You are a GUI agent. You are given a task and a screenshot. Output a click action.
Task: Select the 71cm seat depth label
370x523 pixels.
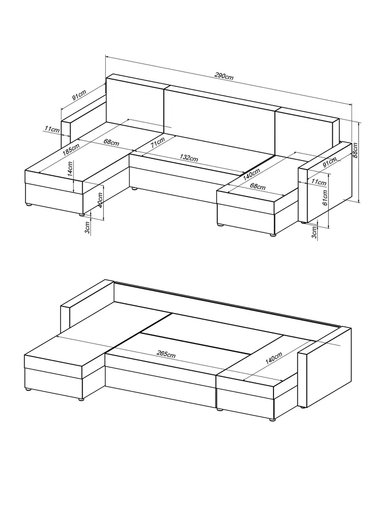(157, 144)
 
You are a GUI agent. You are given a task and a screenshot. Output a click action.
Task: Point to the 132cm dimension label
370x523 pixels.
(189, 157)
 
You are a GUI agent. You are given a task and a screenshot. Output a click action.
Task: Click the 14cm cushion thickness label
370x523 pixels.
(70, 169)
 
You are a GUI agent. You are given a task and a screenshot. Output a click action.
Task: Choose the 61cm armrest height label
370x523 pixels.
(325, 198)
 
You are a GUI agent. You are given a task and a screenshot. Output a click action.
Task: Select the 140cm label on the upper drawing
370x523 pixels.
(251, 174)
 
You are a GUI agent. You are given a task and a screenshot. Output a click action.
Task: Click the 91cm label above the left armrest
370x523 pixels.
(79, 95)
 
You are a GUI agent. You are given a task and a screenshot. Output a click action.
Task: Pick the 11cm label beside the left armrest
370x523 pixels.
(52, 129)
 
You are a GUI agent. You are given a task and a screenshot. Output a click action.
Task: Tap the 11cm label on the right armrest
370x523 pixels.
(319, 182)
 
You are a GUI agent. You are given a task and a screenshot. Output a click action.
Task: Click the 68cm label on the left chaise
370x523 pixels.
(111, 141)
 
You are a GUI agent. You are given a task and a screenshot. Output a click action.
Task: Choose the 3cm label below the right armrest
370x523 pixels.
(314, 231)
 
